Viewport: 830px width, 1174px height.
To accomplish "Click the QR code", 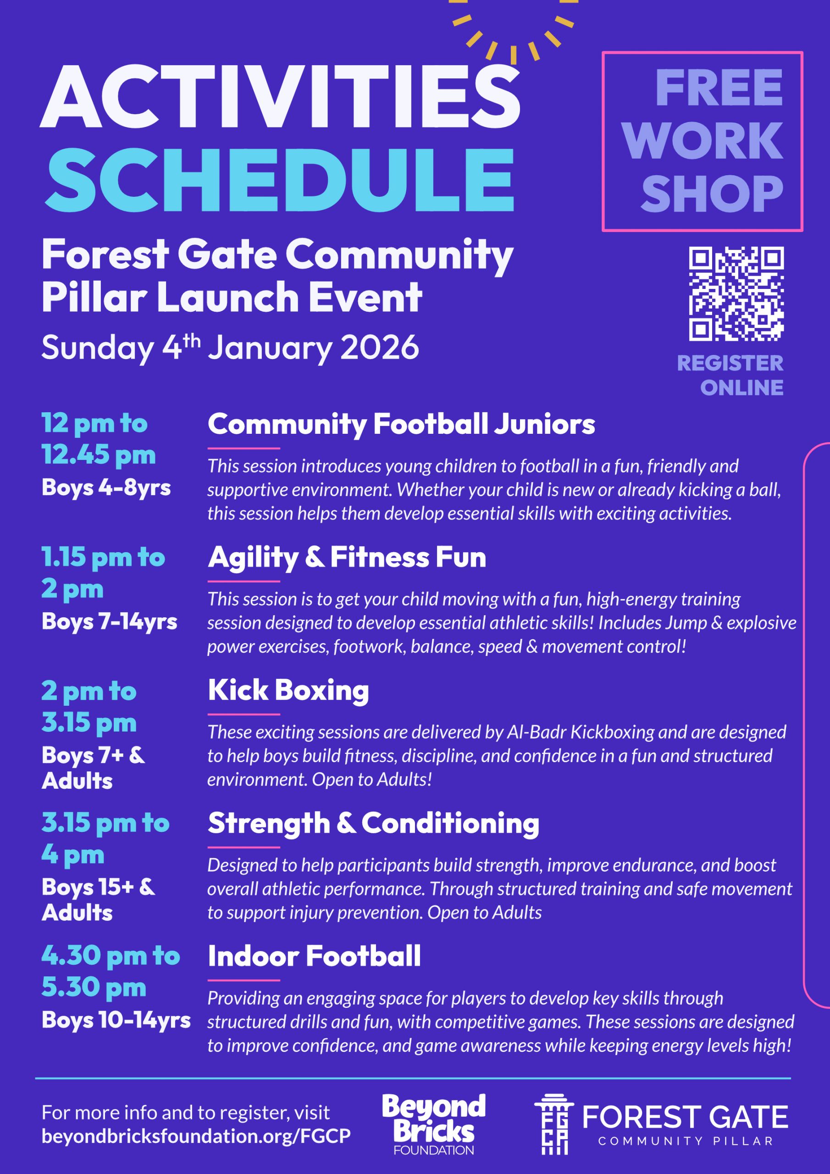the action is coord(736,294).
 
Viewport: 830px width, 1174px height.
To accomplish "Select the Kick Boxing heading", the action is coord(288,691).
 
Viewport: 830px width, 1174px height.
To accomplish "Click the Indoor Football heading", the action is coord(314,956).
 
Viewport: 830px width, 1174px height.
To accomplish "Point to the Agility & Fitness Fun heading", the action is coord(347,558).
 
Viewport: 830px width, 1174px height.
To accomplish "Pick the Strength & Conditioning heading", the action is coord(373,824).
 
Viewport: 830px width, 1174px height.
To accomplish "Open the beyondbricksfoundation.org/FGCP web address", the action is coord(196,1136).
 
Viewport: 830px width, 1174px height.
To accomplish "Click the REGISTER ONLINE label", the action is coord(730,375).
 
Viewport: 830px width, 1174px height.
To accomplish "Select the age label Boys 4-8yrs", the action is coord(106,488).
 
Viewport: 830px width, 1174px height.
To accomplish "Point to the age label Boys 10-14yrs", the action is coord(116,1020).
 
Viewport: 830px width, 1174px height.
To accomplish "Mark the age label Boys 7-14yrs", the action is coord(110,622).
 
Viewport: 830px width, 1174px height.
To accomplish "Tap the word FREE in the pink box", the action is coord(719,88).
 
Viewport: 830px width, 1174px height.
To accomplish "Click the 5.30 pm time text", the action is coord(94,987).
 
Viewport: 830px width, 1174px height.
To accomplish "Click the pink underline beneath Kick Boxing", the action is coord(244,714).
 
